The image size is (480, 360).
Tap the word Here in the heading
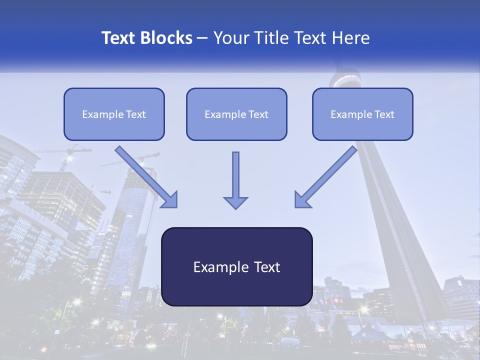click(351, 38)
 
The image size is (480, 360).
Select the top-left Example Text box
click(114, 114)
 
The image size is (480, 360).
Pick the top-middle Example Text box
click(236, 114)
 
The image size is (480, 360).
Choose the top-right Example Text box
click(362, 114)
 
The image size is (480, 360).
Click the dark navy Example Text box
click(236, 266)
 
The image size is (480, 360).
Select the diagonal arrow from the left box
click(145, 175)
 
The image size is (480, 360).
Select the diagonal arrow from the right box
click(327, 175)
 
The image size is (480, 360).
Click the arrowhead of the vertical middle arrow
click(235, 202)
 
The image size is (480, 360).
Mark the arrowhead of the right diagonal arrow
click(303, 199)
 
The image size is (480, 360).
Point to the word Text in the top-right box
click(384, 114)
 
